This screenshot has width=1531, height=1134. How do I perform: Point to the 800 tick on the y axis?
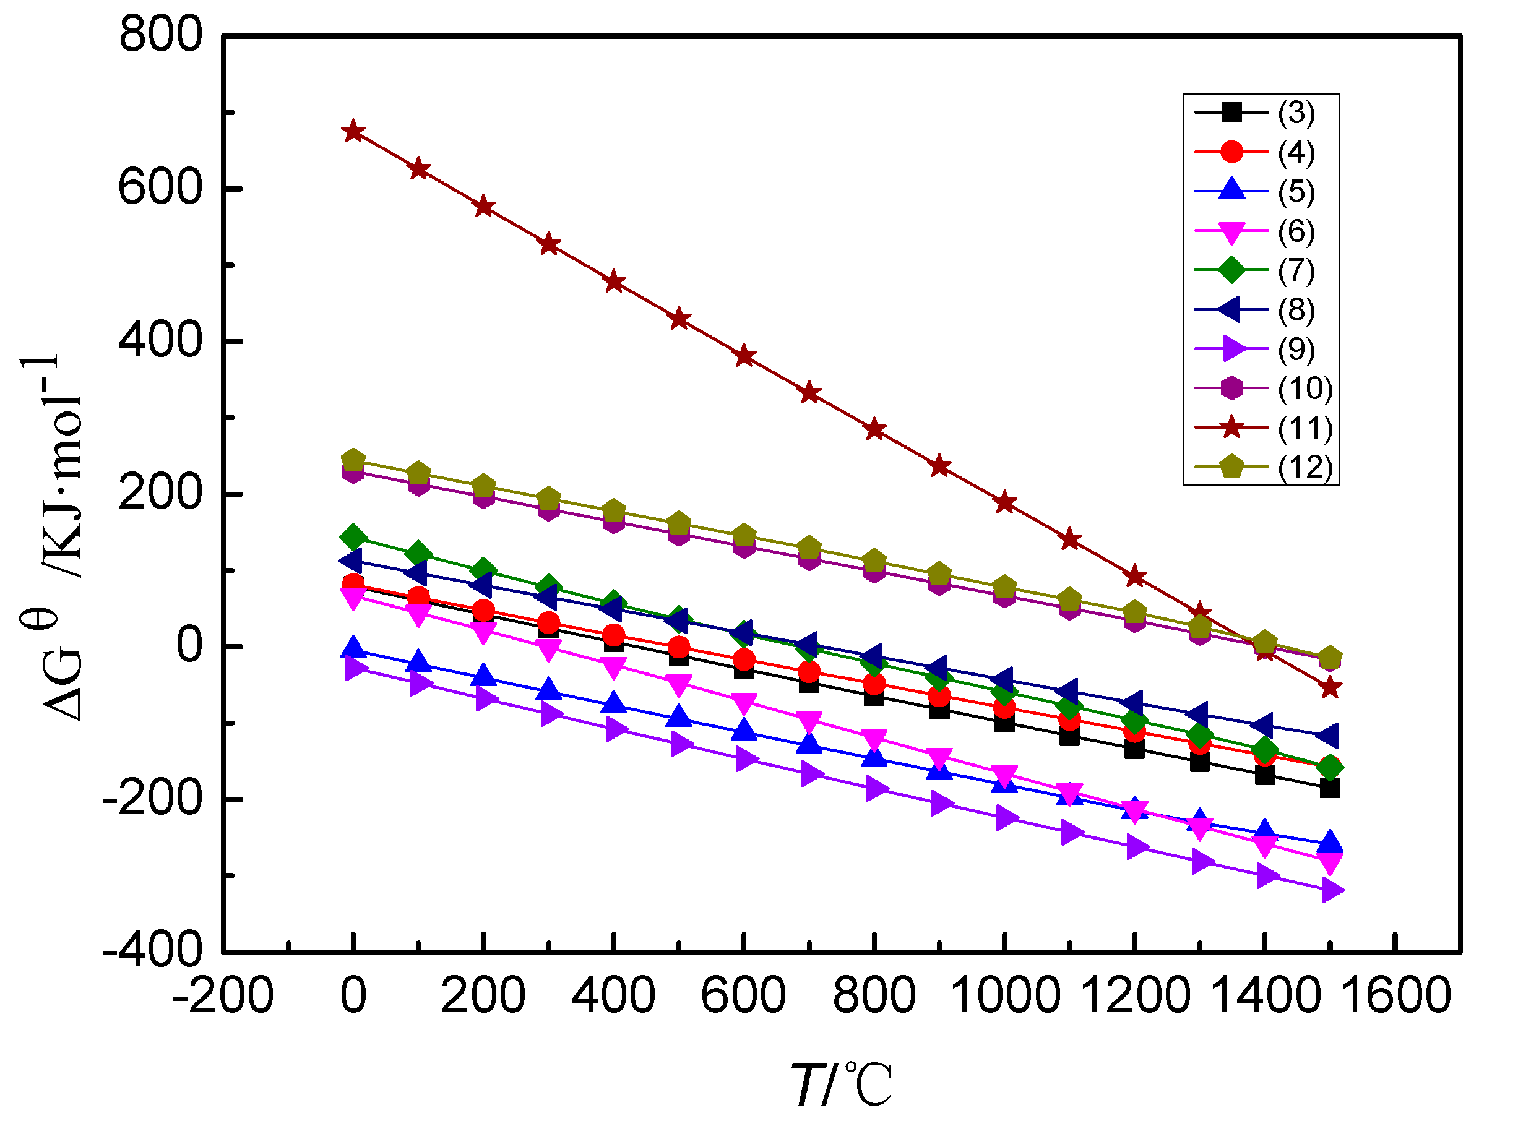pos(161,34)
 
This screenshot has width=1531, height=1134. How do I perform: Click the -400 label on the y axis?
pos(152,951)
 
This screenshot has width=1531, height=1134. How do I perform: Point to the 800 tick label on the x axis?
pos(874,995)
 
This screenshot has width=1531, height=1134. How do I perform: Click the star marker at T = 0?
pos(353,131)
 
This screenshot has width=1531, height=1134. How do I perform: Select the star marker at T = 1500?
pos(1330,687)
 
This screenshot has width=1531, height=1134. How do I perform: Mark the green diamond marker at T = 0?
pos(353,538)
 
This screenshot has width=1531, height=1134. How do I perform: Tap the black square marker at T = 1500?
pos(1330,788)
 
